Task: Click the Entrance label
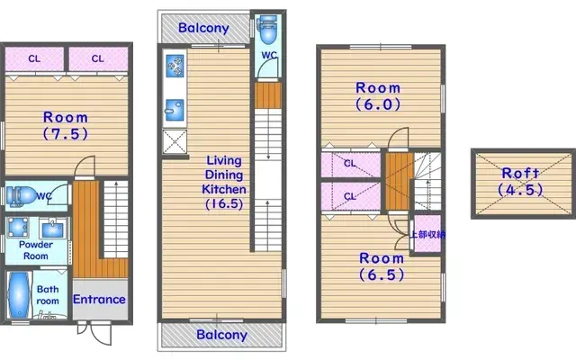pos(99,300)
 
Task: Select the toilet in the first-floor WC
pos(20,195)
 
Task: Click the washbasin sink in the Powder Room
pos(52,225)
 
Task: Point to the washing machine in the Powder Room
pos(18,226)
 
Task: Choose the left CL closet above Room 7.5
pos(34,58)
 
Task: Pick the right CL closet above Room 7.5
pos(97,58)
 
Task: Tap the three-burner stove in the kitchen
pos(175,66)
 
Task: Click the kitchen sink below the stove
pos(174,109)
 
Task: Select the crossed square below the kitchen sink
pos(174,141)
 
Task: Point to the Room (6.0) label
pos(377,95)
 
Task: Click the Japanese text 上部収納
pos(427,234)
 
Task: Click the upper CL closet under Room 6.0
pos(349,164)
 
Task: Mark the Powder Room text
pos(35,250)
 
